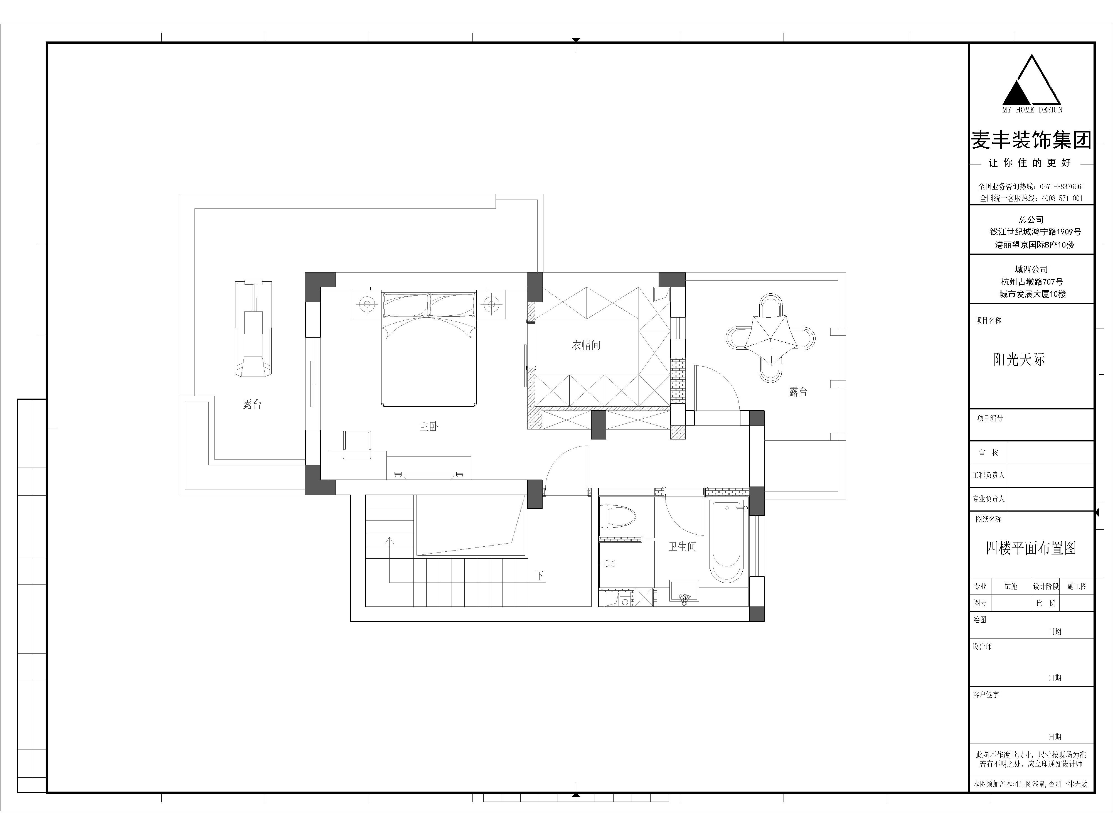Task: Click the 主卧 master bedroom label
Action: pos(429,427)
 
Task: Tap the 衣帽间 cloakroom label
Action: pos(586,345)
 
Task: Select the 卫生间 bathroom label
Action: pos(682,547)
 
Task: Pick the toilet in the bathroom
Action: pos(618,516)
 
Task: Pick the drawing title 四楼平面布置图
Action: pos(1031,548)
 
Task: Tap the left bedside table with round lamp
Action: pos(367,304)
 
